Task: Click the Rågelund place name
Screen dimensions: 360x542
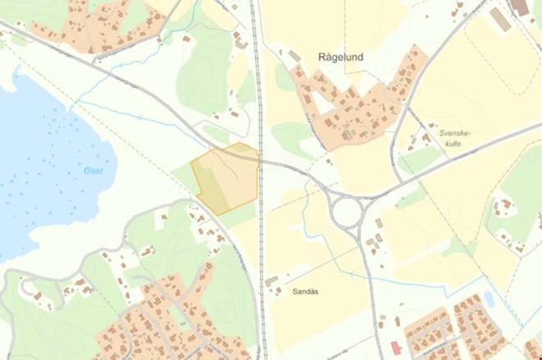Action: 340,58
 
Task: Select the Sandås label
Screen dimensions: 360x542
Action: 305,291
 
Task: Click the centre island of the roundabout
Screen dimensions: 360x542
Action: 347,213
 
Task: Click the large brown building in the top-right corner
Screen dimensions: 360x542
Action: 519,7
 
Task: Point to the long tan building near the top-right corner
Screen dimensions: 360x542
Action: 499,19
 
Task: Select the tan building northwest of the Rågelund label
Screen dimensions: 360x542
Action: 295,56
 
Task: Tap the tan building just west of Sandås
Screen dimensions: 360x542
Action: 271,282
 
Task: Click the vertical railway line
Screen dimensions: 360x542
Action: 260,247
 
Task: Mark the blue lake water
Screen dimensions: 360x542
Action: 41,156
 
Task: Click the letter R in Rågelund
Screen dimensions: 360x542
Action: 322,58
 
